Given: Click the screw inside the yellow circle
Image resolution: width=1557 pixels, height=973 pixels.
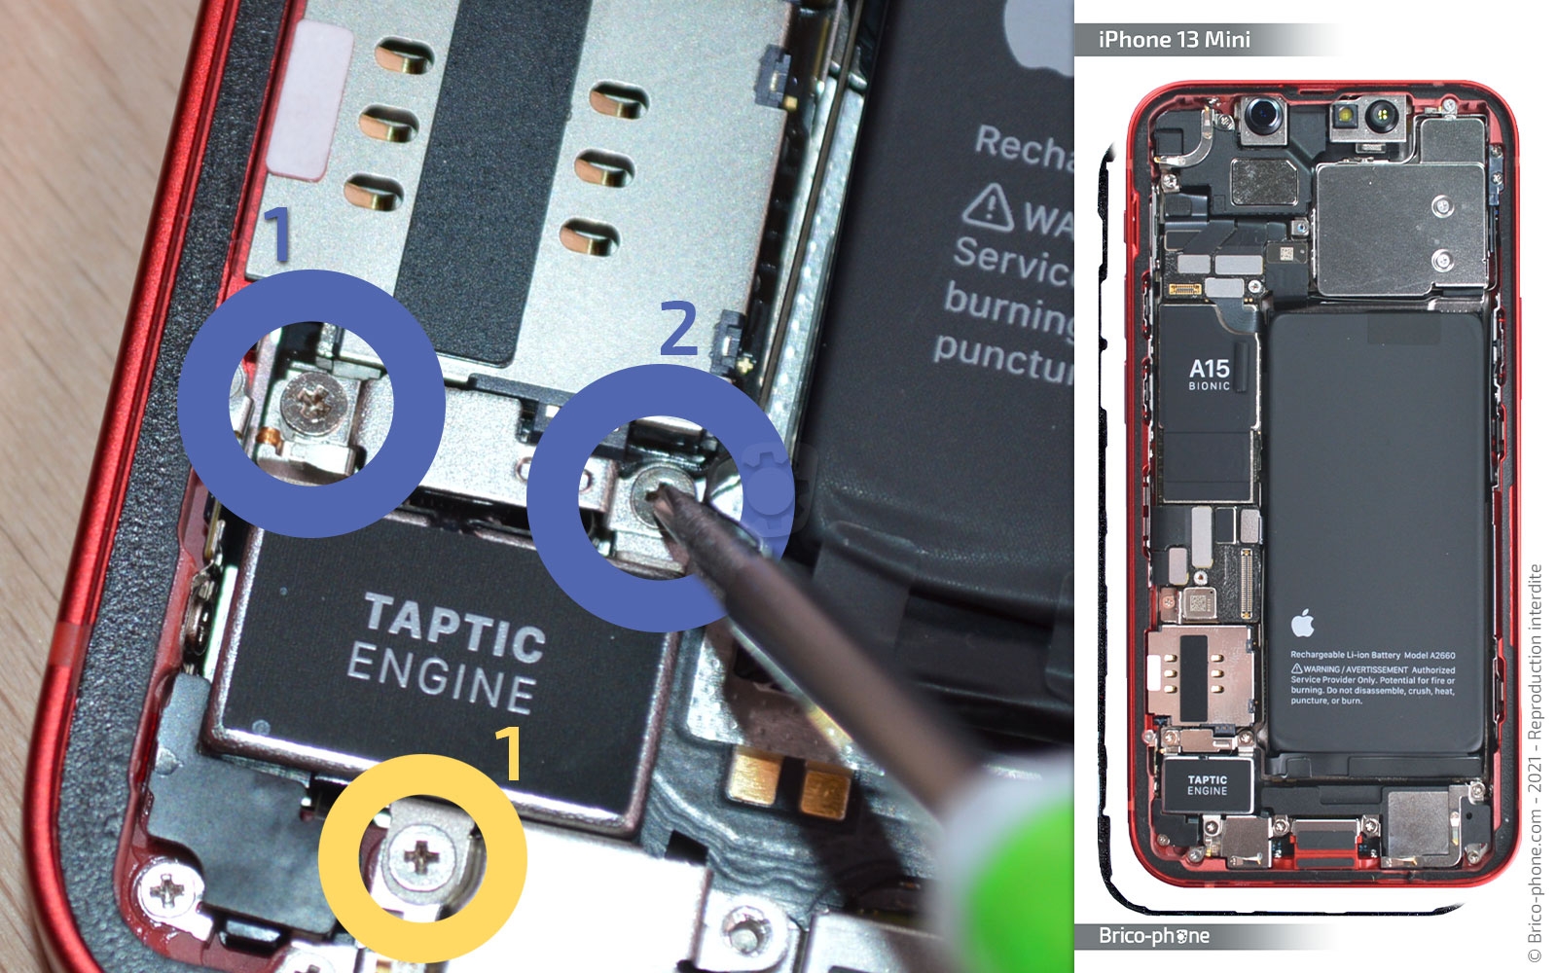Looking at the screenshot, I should pyautogui.click(x=421, y=857).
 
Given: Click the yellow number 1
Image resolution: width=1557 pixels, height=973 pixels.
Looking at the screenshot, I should pyautogui.click(x=508, y=754).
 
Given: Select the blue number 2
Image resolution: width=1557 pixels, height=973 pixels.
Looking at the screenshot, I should pyautogui.click(x=678, y=328).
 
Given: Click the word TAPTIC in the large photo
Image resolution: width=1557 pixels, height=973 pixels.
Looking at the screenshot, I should pyautogui.click(x=453, y=627).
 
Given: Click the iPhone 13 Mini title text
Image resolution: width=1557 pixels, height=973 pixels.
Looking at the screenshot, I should pyautogui.click(x=1174, y=40).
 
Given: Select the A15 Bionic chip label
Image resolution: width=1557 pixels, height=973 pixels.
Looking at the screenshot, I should pyautogui.click(x=1209, y=374).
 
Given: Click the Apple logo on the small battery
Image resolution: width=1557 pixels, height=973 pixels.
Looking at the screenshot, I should pyautogui.click(x=1303, y=623).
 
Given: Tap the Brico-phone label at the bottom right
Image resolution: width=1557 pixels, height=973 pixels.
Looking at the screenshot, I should pyautogui.click(x=1153, y=936).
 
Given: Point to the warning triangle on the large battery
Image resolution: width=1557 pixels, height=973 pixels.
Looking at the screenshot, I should pyautogui.click(x=989, y=205).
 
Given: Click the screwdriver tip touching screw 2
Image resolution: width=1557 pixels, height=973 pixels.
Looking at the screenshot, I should pyautogui.click(x=661, y=496).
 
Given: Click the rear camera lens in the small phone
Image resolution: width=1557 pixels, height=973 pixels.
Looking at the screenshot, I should pyautogui.click(x=1263, y=117).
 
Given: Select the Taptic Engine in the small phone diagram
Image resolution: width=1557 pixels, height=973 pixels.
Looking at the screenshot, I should pyautogui.click(x=1207, y=785).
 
